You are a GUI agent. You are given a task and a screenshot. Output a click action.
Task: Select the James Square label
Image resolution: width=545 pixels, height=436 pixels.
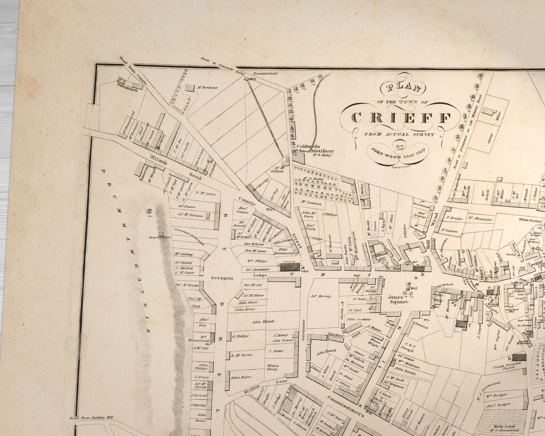398,299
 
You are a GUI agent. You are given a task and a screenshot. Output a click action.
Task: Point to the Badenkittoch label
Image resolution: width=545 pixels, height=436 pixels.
127,90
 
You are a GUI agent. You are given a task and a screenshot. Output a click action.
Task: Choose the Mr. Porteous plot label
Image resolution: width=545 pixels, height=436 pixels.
207,88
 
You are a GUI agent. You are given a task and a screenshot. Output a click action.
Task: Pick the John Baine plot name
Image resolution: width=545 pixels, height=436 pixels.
241,377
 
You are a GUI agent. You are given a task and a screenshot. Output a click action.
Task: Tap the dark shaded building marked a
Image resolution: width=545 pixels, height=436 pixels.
290,267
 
